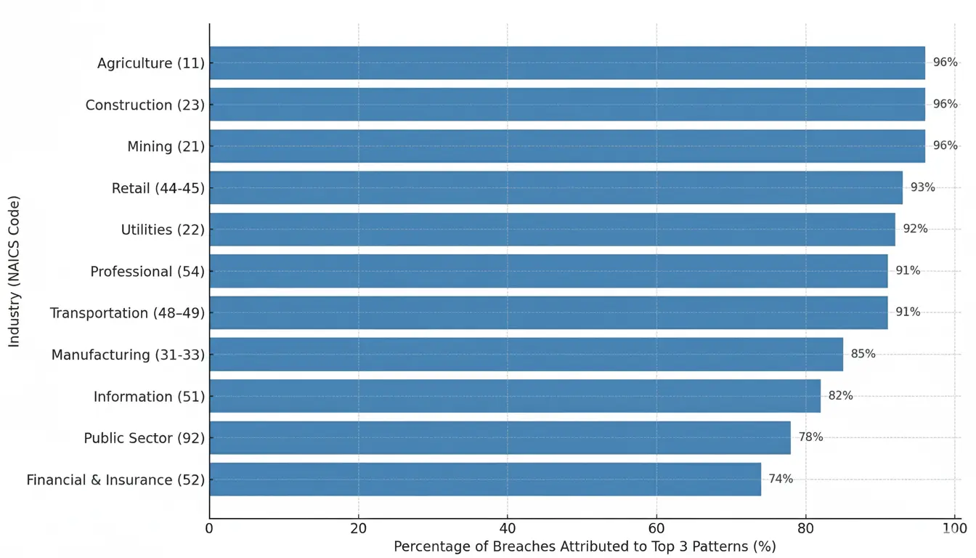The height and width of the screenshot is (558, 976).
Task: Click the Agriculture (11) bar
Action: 566,63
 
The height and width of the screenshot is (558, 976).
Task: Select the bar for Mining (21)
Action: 566,146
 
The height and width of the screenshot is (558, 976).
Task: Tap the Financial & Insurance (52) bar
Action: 484,480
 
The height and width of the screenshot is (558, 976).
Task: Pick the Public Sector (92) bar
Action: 499,437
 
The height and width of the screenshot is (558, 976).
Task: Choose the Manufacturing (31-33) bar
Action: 526,355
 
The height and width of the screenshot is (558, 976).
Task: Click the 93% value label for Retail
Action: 922,187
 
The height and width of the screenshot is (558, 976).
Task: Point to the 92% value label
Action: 915,229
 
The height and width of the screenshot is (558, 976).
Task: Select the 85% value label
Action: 863,354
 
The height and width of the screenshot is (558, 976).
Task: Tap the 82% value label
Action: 840,396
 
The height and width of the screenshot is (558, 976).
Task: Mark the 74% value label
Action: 781,479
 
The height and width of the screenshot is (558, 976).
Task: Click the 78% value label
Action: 810,437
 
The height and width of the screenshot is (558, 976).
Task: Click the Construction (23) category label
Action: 145,105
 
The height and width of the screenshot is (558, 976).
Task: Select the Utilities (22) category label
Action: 163,230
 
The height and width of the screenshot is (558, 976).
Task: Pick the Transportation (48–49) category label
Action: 127,313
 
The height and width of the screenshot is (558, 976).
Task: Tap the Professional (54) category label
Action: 147,272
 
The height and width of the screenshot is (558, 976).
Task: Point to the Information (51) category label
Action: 149,397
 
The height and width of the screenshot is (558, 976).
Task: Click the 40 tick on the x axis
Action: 507,528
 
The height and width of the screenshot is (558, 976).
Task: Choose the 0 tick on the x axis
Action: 209,528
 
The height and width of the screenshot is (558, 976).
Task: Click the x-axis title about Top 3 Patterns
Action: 585,546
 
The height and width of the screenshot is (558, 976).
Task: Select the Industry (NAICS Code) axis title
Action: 14,271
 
